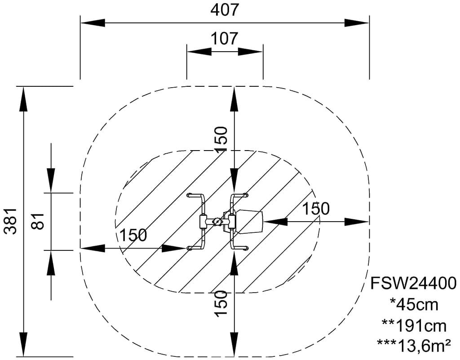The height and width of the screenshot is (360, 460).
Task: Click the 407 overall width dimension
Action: (225, 10)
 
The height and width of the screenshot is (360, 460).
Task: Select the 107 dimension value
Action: (225, 39)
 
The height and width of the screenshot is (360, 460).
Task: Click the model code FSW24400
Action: (414, 284)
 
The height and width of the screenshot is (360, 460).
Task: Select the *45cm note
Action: (414, 305)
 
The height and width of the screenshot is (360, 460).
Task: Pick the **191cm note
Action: (414, 326)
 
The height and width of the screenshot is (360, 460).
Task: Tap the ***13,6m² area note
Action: (414, 346)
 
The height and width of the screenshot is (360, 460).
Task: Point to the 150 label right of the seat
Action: (316, 209)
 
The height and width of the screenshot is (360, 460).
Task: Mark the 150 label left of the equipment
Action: (133, 235)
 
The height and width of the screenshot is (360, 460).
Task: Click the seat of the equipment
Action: (249, 222)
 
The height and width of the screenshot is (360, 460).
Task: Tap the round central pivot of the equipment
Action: (217, 222)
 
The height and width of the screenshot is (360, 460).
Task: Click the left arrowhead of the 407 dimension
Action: (93, 23)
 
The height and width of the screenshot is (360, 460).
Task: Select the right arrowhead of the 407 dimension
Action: (357, 23)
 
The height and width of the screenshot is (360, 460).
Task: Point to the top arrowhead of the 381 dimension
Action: (23, 99)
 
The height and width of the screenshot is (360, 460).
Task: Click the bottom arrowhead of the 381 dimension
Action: (23, 344)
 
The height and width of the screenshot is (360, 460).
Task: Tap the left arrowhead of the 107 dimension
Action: (199, 52)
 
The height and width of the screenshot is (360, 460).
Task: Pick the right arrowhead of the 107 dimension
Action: (250, 52)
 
